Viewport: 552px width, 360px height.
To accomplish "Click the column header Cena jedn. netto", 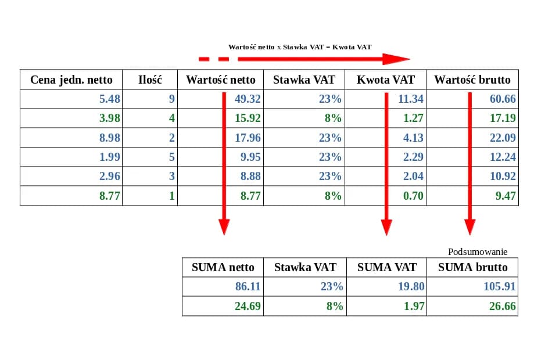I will tap(71, 80).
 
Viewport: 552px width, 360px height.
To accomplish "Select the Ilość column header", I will tap(150, 80).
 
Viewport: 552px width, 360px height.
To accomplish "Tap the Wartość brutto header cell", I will tap(472, 80).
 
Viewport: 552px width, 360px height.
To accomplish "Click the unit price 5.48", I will tap(110, 99).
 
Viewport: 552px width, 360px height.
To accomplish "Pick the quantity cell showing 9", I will tap(171, 99).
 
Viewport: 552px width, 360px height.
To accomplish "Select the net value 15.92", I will tap(248, 118).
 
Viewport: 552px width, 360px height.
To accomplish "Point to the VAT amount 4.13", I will tap(411, 138).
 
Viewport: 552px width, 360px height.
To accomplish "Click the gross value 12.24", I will tap(503, 157).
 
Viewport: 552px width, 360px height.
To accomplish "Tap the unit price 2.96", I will tap(110, 177).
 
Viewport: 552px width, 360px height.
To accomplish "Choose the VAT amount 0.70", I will tap(413, 196).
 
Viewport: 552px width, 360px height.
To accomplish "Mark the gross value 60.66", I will tap(503, 99).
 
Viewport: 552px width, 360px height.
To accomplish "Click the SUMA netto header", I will tap(223, 268).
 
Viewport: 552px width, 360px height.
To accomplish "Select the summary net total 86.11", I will tap(248, 287).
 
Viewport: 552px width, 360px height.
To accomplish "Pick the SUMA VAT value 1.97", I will tap(414, 306).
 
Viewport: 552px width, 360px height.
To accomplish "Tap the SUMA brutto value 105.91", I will tap(500, 287).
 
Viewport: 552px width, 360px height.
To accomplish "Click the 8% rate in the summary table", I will tap(334, 306).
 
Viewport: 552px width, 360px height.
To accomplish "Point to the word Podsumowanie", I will tap(478, 252).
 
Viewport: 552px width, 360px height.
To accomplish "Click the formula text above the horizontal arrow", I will tap(299, 46).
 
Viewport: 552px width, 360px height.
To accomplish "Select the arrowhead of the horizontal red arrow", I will tap(396, 59).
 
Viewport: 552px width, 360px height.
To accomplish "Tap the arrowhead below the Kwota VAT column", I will tap(386, 227).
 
